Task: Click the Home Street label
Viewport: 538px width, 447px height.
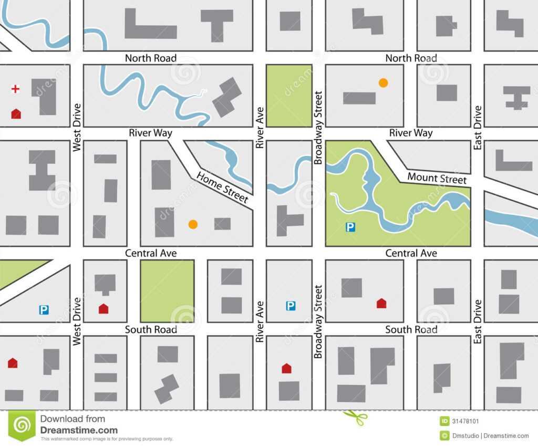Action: click(x=222, y=187)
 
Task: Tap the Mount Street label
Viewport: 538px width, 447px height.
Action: click(x=437, y=179)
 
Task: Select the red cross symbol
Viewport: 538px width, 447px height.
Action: click(x=15, y=89)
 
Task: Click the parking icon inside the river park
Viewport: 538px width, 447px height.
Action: click(x=350, y=227)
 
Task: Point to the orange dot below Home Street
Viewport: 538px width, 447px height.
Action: click(x=193, y=224)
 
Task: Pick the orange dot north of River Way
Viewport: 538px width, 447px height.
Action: click(x=384, y=82)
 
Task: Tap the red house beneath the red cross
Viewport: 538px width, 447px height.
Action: click(x=16, y=113)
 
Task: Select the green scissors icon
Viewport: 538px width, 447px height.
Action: click(x=355, y=418)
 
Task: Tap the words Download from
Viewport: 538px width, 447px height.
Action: click(x=73, y=419)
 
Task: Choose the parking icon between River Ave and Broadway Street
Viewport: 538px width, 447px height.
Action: click(x=291, y=305)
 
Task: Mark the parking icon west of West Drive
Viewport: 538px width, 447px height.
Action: click(x=44, y=310)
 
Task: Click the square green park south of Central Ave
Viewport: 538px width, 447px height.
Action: click(x=167, y=290)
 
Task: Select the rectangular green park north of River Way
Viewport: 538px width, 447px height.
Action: click(x=289, y=96)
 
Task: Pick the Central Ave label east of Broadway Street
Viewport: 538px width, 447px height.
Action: click(x=411, y=254)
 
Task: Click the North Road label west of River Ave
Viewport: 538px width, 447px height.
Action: click(x=150, y=58)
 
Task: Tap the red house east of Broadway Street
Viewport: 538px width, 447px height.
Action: click(x=381, y=303)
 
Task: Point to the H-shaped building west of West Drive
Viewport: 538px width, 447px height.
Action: click(x=42, y=170)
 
